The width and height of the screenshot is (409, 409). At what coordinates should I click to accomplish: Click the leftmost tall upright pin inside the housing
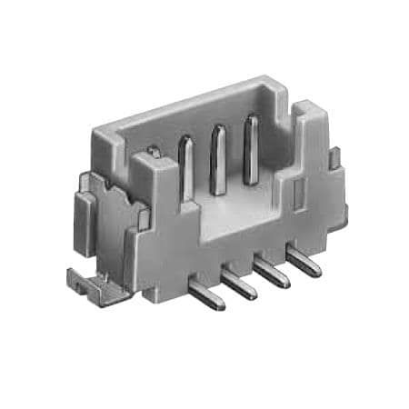[186, 168]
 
